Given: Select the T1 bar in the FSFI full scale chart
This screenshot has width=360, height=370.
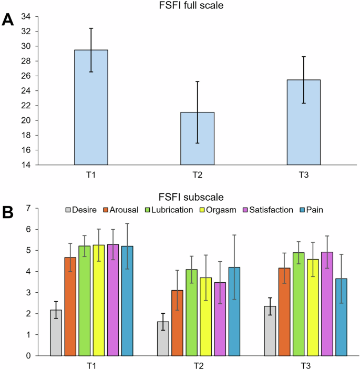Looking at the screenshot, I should point(91,107).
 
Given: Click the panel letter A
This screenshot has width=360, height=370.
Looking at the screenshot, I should point(8,20).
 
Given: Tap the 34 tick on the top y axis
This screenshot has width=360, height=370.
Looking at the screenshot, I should point(24,17).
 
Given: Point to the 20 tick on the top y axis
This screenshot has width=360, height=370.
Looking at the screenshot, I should point(24,120).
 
